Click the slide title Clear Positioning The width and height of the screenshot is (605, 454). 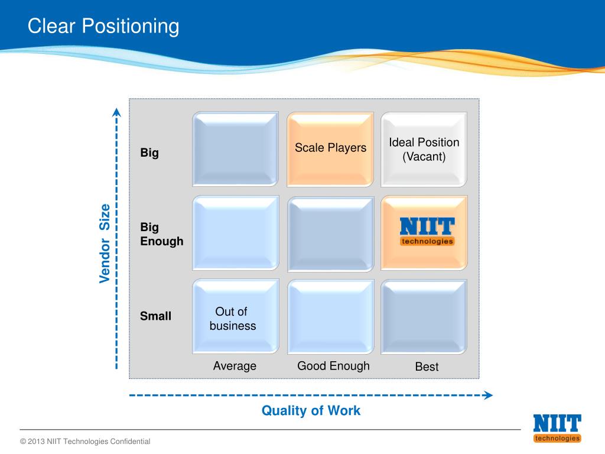103,26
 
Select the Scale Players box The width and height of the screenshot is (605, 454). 330,148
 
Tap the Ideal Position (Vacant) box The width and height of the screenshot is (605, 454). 424,149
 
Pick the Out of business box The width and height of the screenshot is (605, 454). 235,317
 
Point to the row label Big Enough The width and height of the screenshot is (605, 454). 161,234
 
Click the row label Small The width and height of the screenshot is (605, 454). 155,316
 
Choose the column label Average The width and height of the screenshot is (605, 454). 235,366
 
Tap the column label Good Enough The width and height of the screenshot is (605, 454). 333,366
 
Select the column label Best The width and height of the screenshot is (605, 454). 427,367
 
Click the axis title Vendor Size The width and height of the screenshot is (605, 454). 105,243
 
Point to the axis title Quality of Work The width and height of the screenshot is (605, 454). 311,410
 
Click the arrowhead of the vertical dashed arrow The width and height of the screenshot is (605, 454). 117,112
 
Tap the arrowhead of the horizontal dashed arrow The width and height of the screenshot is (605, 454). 488,395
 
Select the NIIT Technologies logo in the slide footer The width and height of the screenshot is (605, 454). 557,428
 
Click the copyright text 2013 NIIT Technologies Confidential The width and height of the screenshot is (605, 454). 85,442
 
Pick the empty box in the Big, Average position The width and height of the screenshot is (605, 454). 235,149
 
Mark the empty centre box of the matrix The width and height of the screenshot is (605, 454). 330,232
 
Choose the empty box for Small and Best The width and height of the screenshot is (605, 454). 424,316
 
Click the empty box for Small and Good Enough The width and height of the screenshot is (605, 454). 330,316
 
